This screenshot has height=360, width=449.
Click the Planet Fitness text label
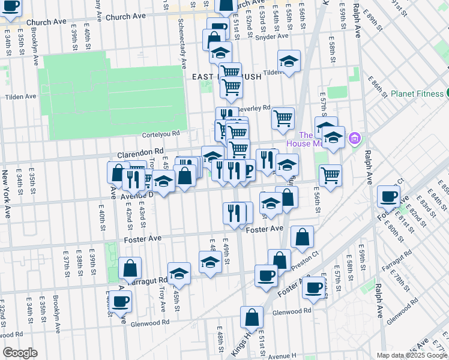[x=416, y=93]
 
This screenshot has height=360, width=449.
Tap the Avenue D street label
[x=137, y=194]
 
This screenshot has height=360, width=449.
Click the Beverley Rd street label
[x=255, y=107]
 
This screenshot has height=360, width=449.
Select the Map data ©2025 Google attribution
[x=412, y=355]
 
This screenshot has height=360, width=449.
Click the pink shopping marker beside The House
[x=354, y=139]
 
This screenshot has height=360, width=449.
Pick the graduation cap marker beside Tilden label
[x=289, y=61]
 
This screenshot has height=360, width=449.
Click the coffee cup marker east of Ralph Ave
[x=389, y=196]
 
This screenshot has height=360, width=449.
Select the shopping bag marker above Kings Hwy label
[x=252, y=317]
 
